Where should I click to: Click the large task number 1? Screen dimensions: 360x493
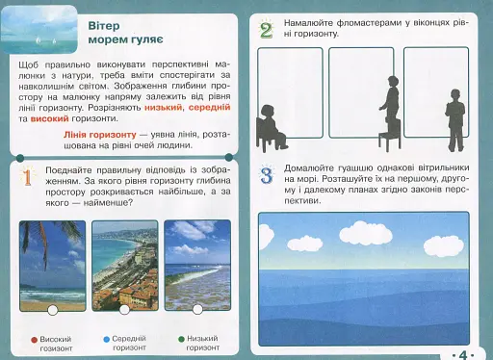28,176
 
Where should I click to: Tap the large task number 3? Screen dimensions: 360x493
268,176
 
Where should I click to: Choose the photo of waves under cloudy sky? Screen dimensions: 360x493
197,264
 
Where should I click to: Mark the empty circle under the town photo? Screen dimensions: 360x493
123,309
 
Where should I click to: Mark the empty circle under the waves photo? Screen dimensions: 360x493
197,309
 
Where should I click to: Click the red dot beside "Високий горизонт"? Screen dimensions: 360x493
34,339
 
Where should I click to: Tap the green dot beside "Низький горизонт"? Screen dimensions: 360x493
181,339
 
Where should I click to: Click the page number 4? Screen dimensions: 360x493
463,352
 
